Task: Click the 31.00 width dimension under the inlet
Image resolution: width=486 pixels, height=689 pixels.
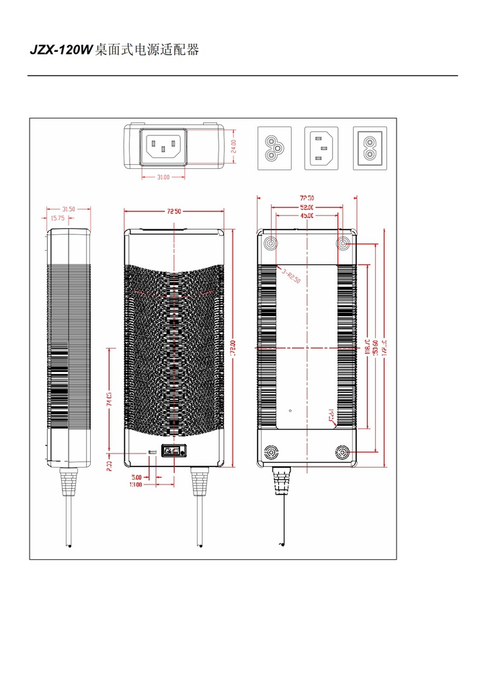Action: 163,178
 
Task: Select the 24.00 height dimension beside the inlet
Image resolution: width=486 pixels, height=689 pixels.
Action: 233,147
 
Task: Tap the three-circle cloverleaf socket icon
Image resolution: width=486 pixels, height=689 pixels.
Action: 274,148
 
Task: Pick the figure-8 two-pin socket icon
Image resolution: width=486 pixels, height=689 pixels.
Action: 370,148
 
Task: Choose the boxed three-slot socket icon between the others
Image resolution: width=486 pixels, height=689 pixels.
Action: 322,148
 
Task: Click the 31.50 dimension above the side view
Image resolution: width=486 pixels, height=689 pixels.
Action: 69,209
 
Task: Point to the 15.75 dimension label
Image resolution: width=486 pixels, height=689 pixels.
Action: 57,218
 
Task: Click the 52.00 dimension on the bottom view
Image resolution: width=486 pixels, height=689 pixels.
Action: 307,207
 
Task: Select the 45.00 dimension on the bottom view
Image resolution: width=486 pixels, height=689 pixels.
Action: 307,216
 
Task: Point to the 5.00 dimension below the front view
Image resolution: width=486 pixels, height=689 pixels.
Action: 137,477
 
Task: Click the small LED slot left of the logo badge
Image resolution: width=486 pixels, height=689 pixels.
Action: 152,451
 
